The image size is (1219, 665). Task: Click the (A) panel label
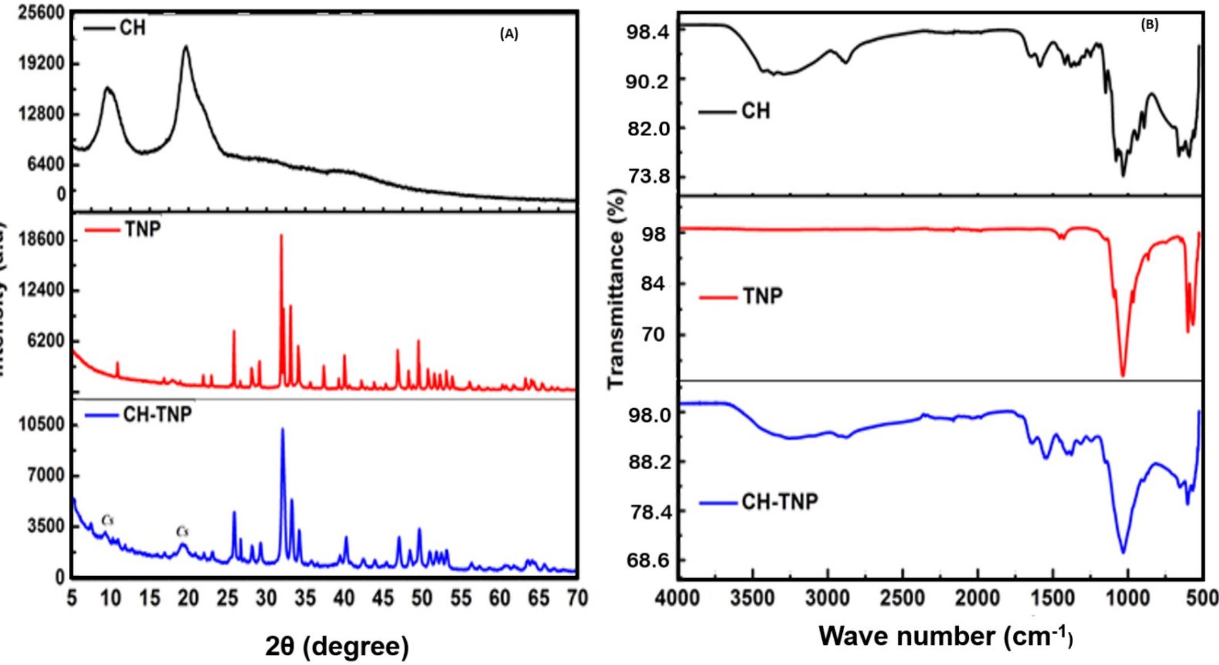tap(509, 34)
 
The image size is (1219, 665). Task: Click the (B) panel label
tap(1149, 25)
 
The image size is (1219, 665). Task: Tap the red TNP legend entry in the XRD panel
tap(123, 229)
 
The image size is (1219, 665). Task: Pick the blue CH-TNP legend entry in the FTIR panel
tap(759, 502)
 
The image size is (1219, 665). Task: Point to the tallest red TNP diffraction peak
tap(281, 236)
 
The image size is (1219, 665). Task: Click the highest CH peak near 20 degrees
tap(185, 47)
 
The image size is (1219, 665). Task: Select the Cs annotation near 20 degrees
tap(182, 531)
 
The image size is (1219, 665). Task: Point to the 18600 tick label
tap(41, 239)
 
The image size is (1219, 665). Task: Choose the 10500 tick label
tap(41, 425)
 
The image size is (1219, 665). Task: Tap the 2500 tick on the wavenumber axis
tap(903, 598)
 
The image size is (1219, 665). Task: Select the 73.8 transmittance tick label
tap(648, 177)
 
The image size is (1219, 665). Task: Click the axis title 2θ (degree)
tap(336, 646)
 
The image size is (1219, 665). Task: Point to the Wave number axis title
tap(946, 635)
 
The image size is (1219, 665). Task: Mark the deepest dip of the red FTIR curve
tap(1123, 375)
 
